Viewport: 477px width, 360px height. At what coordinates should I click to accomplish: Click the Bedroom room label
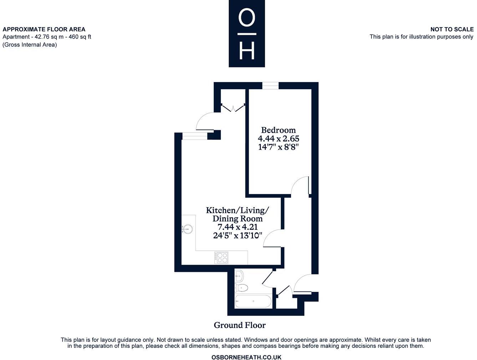point(278,130)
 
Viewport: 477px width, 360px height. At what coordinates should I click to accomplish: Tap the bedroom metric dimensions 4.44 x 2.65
point(278,138)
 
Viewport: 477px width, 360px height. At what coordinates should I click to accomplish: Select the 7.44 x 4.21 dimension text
point(238,227)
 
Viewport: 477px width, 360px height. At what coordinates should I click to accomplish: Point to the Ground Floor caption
point(239,325)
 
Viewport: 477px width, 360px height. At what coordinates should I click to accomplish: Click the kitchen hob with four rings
point(221,258)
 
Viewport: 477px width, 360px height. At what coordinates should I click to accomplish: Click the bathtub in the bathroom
point(253,301)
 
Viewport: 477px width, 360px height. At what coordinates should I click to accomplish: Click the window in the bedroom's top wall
point(270,86)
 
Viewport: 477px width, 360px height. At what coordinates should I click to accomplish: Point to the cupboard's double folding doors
point(233,108)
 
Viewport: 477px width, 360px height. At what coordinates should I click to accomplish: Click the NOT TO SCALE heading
point(452,29)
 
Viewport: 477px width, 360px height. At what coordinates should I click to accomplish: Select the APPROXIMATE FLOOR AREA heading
point(44,29)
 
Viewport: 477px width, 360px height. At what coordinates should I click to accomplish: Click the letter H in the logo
point(247,51)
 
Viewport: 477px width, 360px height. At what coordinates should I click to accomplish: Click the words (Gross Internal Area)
point(30,45)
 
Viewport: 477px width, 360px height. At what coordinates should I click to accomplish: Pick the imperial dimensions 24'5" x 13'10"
point(238,235)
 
